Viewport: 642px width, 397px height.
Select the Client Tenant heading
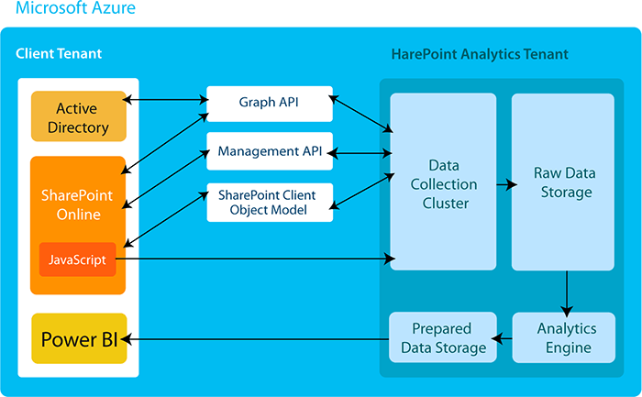59,54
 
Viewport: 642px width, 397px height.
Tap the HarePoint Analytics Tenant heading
480,54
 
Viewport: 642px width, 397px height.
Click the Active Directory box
77,117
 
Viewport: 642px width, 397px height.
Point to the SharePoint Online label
77,204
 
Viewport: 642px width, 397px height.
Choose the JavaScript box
77,260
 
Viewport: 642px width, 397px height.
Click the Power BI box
79,339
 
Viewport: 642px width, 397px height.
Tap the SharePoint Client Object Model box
269,203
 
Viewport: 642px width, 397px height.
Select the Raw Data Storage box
562,182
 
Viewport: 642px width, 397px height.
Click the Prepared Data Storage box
442,337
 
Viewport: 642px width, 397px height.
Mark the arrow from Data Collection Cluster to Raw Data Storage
504,184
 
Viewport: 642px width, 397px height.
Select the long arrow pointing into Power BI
257,339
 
